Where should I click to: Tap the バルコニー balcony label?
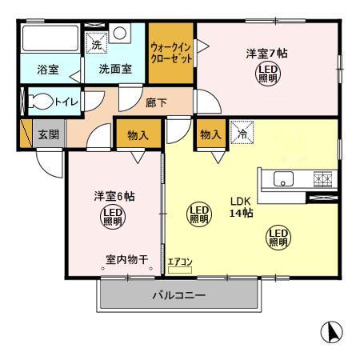[178, 296]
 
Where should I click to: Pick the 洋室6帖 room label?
[110, 195]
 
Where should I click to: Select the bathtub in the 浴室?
[47, 39]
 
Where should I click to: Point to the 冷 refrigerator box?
[243, 132]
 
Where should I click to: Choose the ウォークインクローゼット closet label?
[170, 54]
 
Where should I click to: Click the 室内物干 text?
[128, 259]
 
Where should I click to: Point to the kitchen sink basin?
[284, 179]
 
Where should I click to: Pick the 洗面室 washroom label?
[114, 70]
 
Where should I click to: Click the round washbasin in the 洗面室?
[119, 34]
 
